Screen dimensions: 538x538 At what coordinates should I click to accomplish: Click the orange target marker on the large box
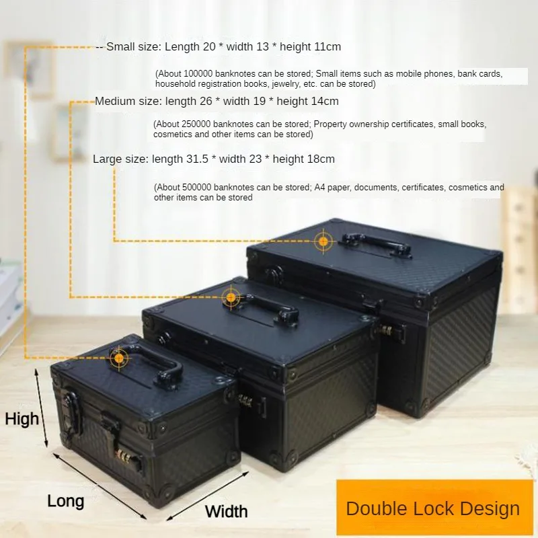[x=323, y=241]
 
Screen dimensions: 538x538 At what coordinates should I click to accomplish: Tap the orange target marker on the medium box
[x=231, y=297]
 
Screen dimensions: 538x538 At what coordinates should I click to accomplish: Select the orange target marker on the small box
[x=119, y=358]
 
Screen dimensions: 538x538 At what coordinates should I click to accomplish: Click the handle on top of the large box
[x=377, y=243]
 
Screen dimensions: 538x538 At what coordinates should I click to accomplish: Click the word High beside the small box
[x=22, y=419]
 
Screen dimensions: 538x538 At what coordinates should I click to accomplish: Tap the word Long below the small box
[x=65, y=502]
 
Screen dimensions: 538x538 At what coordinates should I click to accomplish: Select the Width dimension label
[x=227, y=512]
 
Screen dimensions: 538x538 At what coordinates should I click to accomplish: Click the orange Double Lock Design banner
[x=434, y=508]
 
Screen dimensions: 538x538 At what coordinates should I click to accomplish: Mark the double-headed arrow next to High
[x=41, y=408]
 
